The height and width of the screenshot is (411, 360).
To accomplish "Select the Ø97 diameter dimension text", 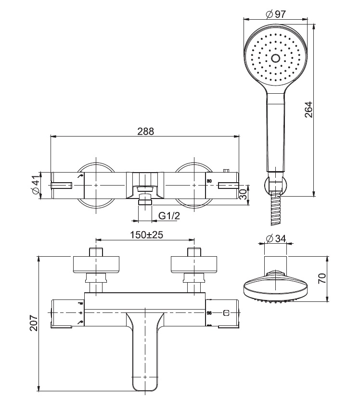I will pyautogui.click(x=276, y=14).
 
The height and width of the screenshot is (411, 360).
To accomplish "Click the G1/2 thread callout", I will pyautogui.click(x=169, y=216).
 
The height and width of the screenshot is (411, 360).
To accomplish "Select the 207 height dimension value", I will pyautogui.click(x=33, y=324).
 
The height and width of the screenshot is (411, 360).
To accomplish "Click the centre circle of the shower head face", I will pyautogui.click(x=275, y=58).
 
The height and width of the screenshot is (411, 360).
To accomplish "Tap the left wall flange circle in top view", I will pyautogui.click(x=96, y=185).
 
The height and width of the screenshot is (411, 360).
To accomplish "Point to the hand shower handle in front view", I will pyautogui.click(x=275, y=130).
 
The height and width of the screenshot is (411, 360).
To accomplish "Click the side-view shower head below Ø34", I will pyautogui.click(x=276, y=287).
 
